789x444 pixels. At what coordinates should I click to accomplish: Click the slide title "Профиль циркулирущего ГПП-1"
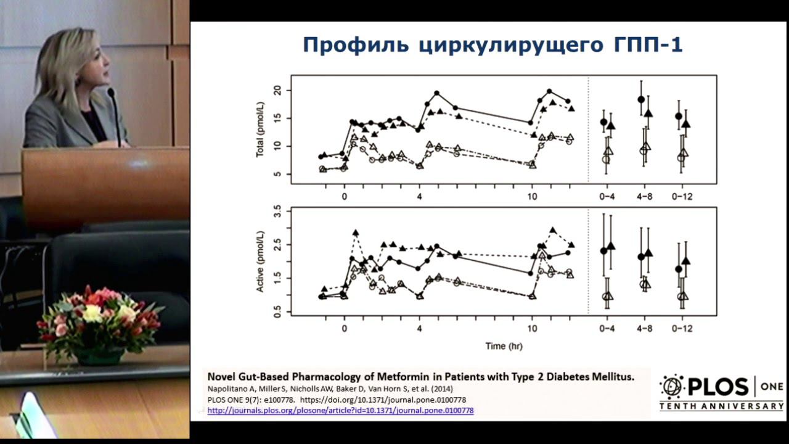coord(493,45)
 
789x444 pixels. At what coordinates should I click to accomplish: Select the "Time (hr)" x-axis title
coord(503,346)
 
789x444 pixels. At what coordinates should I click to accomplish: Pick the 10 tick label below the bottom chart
coord(532,328)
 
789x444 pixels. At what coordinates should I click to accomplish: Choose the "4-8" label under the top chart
coord(644,197)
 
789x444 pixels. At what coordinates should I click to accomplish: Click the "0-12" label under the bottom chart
coord(682,328)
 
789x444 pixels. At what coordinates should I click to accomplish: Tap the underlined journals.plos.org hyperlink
coord(340,409)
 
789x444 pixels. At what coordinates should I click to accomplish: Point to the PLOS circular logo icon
coord(671,387)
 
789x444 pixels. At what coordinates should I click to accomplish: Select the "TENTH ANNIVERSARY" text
coord(721,406)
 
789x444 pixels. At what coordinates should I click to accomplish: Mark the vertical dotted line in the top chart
coord(588,129)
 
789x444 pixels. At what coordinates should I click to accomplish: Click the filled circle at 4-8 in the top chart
coord(641,99)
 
